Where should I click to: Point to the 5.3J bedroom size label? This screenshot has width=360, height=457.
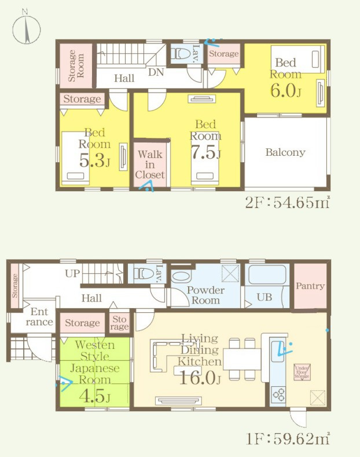tap(94, 161)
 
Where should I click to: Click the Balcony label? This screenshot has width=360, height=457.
tap(285, 153)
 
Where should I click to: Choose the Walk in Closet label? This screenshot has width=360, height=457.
tap(150, 164)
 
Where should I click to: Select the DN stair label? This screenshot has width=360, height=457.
tap(155, 72)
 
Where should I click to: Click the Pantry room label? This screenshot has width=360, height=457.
tap(310, 286)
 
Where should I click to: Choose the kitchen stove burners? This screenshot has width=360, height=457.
tap(277, 394)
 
